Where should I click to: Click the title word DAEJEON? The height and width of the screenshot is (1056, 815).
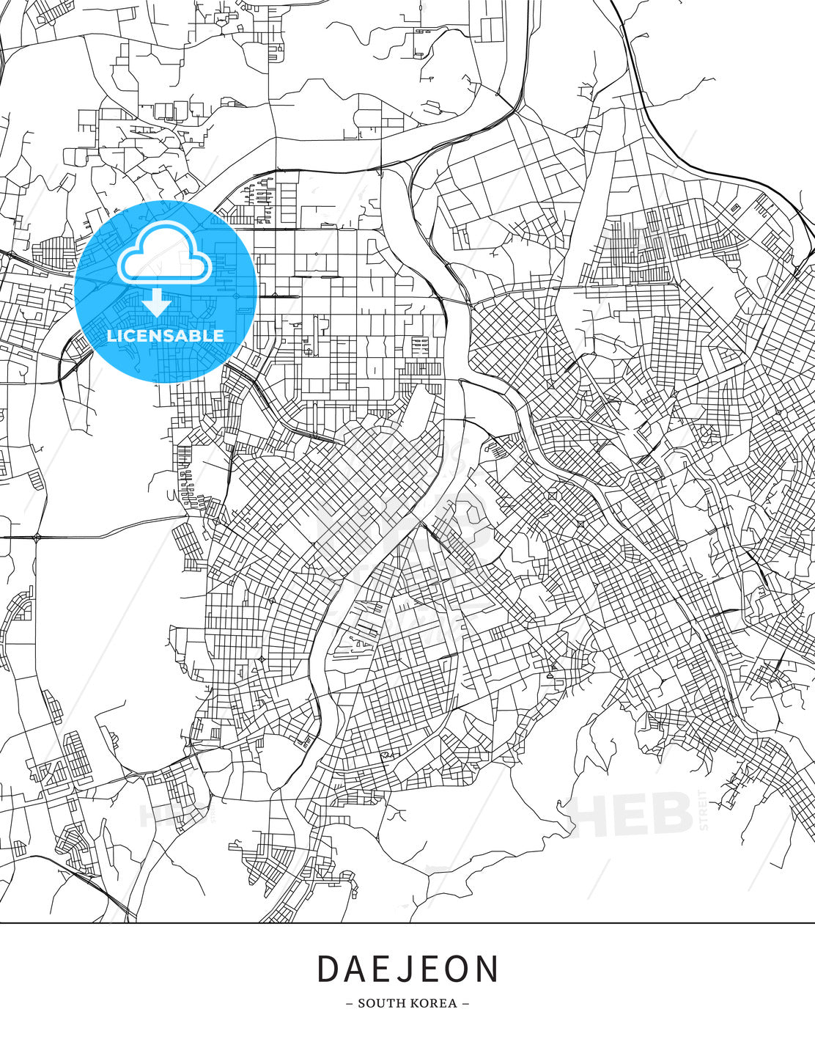pos(407,969)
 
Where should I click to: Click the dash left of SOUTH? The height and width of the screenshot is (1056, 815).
pos(349,1003)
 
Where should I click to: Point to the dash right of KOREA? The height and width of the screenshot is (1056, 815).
pos(465,1003)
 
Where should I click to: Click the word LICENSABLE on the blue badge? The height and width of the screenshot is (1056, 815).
pos(166,336)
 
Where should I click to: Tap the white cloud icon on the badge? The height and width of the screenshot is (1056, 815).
pos(165,254)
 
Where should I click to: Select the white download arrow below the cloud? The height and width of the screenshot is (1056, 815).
pos(157,303)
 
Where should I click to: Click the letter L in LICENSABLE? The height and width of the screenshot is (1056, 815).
pos(111,336)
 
